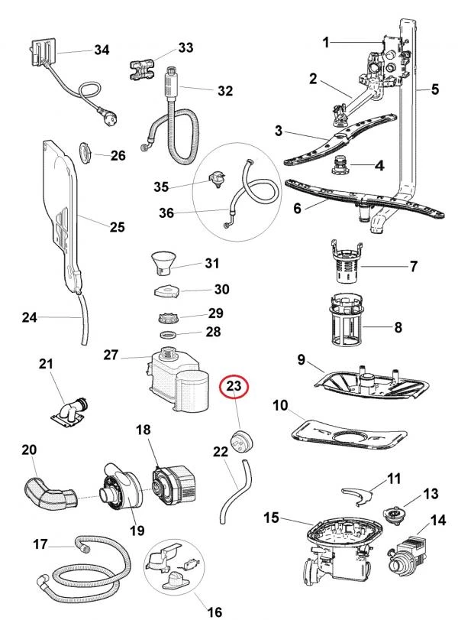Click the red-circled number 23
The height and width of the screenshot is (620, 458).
[x=234, y=388]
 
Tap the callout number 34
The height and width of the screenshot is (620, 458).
[x=102, y=50]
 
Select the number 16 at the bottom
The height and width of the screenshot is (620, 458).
[x=214, y=611]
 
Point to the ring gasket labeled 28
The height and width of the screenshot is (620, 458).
[x=171, y=334]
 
